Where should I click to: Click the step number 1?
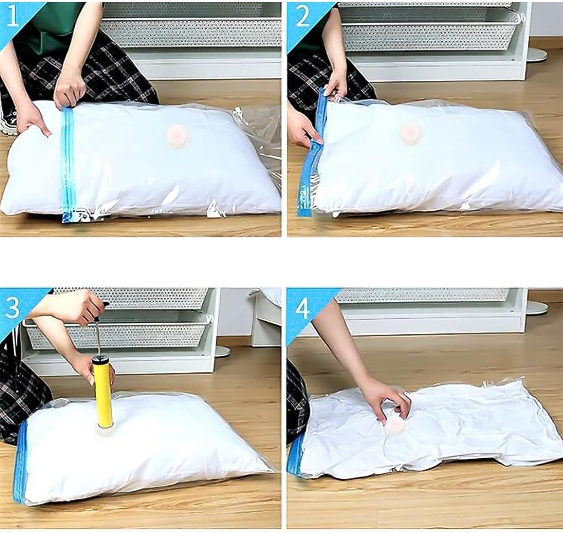[13, 16]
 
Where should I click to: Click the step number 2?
[303, 16]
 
